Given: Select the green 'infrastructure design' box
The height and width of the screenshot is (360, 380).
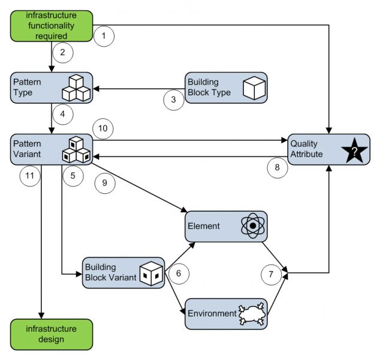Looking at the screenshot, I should click(52, 334).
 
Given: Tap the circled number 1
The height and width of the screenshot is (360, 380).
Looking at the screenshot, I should click(104, 37).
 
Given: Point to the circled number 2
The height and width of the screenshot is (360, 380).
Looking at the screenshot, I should click(63, 52).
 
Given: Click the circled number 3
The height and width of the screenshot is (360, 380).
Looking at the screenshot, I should click(174, 100).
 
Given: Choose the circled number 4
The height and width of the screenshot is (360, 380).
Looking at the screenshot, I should click(63, 112).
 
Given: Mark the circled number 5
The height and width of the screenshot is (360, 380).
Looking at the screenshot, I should click(73, 176).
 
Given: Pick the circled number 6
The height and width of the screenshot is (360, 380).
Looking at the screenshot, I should click(179, 273).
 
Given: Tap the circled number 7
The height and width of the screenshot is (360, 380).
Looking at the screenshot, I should click(271, 274).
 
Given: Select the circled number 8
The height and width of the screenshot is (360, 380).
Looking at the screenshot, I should click(277, 168).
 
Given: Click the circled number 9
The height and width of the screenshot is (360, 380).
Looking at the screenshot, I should click(105, 184).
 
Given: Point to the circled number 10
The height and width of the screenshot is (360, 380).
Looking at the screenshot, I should click(103, 128).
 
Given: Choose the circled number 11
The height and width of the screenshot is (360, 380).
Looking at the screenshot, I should click(29, 176).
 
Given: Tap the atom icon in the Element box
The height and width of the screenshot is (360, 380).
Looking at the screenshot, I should click(253, 226).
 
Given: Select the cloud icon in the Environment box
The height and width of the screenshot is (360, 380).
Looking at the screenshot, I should click(251, 314).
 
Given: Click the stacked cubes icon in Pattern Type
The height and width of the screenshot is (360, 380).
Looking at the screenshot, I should click(76, 88).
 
